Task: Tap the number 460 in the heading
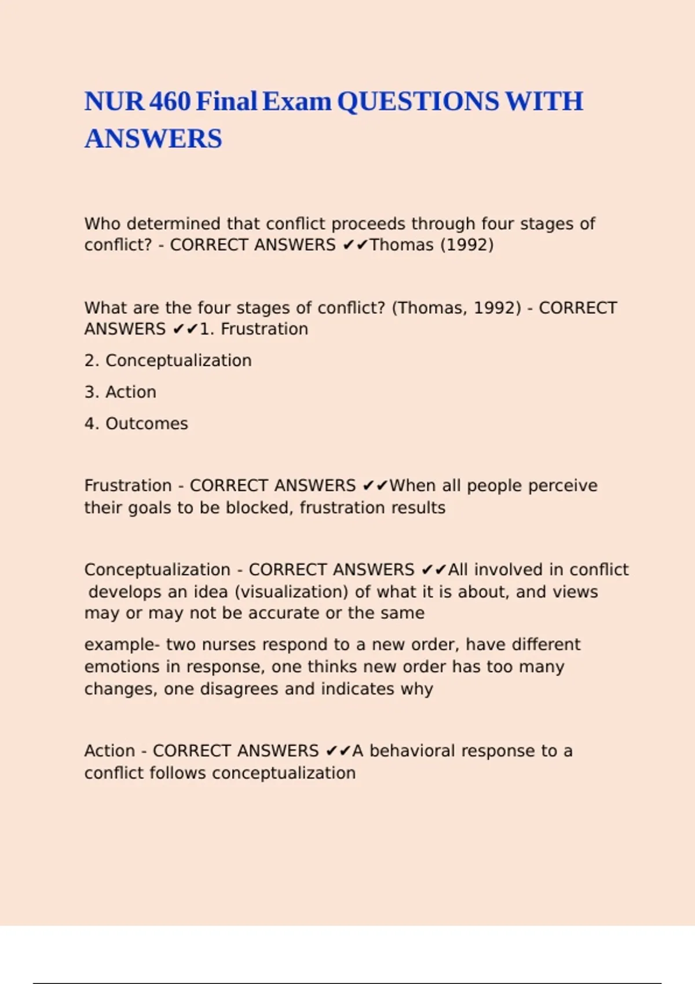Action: (x=170, y=102)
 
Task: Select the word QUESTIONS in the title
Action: (x=418, y=102)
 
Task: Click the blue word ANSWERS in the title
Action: (x=153, y=139)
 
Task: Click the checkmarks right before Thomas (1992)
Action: (x=355, y=245)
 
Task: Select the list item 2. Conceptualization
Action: (x=168, y=361)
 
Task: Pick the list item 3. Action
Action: (x=120, y=392)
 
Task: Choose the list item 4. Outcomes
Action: (x=136, y=424)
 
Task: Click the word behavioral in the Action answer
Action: (x=412, y=751)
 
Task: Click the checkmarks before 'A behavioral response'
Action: (x=338, y=751)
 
